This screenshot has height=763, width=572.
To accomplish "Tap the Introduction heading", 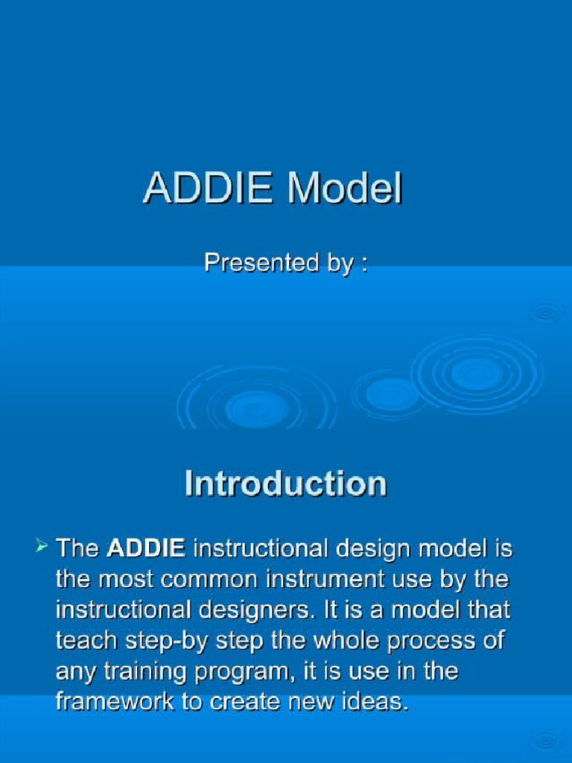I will point(285,484).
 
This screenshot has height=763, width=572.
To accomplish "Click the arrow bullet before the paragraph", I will point(42,548).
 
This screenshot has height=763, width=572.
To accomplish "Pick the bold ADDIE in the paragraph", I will point(146,549).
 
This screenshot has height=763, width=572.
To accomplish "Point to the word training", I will point(155,672).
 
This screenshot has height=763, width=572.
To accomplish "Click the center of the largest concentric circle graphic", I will point(477,374).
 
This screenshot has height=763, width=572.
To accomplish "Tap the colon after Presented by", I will point(363,265).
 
